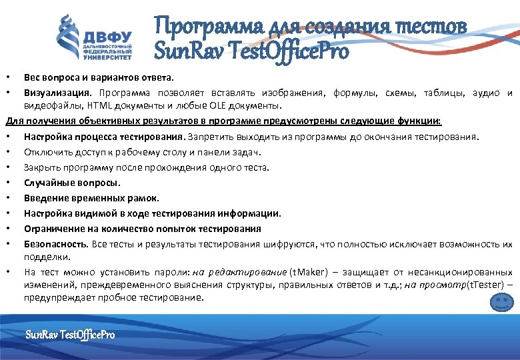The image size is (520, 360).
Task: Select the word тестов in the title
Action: coord(432,27)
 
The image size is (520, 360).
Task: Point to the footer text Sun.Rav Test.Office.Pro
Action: coord(69,333)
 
